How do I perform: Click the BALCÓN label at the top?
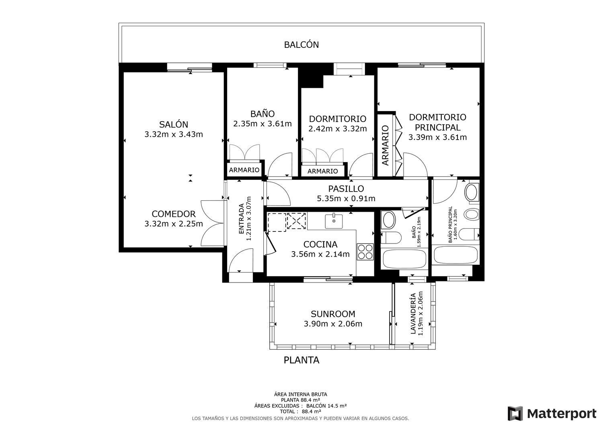tap(301, 45)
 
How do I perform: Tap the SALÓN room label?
tap(174, 124)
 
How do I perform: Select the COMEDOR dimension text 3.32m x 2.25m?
tap(174, 224)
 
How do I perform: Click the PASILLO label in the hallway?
tap(346, 189)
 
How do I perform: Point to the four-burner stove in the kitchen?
tap(365, 252)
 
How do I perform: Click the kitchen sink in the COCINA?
tap(334, 221)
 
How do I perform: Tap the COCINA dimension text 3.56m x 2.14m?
tap(320, 254)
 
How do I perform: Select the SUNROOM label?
tap(333, 314)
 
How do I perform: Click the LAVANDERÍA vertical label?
tap(413, 314)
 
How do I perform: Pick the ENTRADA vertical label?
tap(242, 219)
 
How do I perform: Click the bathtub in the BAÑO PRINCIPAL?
tap(455, 255)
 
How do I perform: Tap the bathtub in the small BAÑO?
tap(404, 259)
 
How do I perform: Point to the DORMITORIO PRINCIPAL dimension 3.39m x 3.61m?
tap(437, 138)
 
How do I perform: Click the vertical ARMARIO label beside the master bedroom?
tap(386, 145)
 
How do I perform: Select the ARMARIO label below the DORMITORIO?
tap(322, 171)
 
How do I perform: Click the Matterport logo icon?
tap(515, 414)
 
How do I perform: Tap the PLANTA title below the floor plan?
tap(301, 360)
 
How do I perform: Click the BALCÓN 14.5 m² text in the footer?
tap(326, 406)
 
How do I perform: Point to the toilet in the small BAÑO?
tap(391, 237)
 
